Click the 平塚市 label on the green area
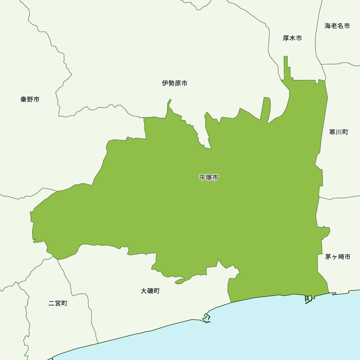(x=209, y=177)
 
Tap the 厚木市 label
(x=292, y=38)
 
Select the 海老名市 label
(x=337, y=26)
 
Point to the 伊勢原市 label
(x=175, y=84)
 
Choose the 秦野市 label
(x=30, y=99)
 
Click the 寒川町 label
(x=338, y=132)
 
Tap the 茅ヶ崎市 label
(x=338, y=257)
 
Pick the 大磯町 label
(x=150, y=291)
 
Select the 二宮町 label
(x=58, y=303)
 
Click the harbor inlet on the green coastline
(x=308, y=298)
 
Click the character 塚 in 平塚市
(x=209, y=177)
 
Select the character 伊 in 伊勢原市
(x=165, y=84)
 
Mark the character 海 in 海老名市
(x=328, y=26)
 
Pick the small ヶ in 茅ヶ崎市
(x=334, y=257)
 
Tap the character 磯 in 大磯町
(x=150, y=291)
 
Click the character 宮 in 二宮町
(x=58, y=303)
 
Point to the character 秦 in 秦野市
(x=24, y=99)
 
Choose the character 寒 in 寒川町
(x=332, y=132)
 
